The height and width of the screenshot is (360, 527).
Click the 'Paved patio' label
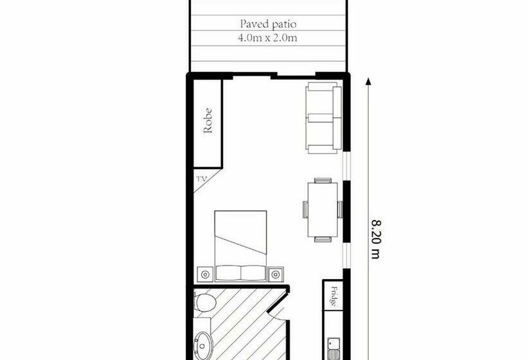click(269, 24)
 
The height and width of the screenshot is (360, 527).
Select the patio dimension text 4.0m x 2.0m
click(269, 38)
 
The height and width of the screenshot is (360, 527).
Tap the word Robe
click(208, 123)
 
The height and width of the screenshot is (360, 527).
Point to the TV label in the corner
click(201, 179)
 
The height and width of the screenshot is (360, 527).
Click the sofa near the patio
click(323, 118)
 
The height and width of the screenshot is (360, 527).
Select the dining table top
click(322, 210)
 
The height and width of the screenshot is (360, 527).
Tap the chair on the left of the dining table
click(306, 210)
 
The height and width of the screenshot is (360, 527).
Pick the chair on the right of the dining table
click(339, 210)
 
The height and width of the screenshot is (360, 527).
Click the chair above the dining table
click(323, 180)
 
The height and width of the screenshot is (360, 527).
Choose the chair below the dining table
click(323, 240)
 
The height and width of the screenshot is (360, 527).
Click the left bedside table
click(205, 274)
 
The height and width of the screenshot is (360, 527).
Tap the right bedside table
click(277, 274)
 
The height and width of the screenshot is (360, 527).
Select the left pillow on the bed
click(228, 273)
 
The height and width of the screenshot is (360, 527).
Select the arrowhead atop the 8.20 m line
click(368, 82)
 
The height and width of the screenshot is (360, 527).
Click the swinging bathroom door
click(276, 309)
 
